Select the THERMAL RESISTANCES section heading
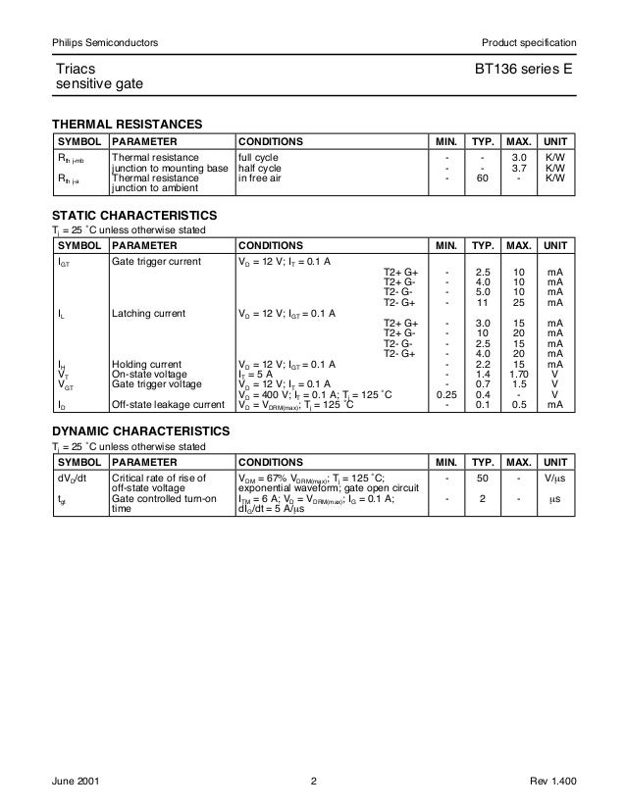click(128, 126)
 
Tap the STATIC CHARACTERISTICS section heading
click(133, 215)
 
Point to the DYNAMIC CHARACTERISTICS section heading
click(140, 430)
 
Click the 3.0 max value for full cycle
click(520, 157)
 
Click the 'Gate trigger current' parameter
click(157, 263)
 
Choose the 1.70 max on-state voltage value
click(520, 375)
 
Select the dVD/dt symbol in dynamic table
click(72, 478)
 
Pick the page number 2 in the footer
click(313, 781)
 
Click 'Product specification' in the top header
click(527, 42)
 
